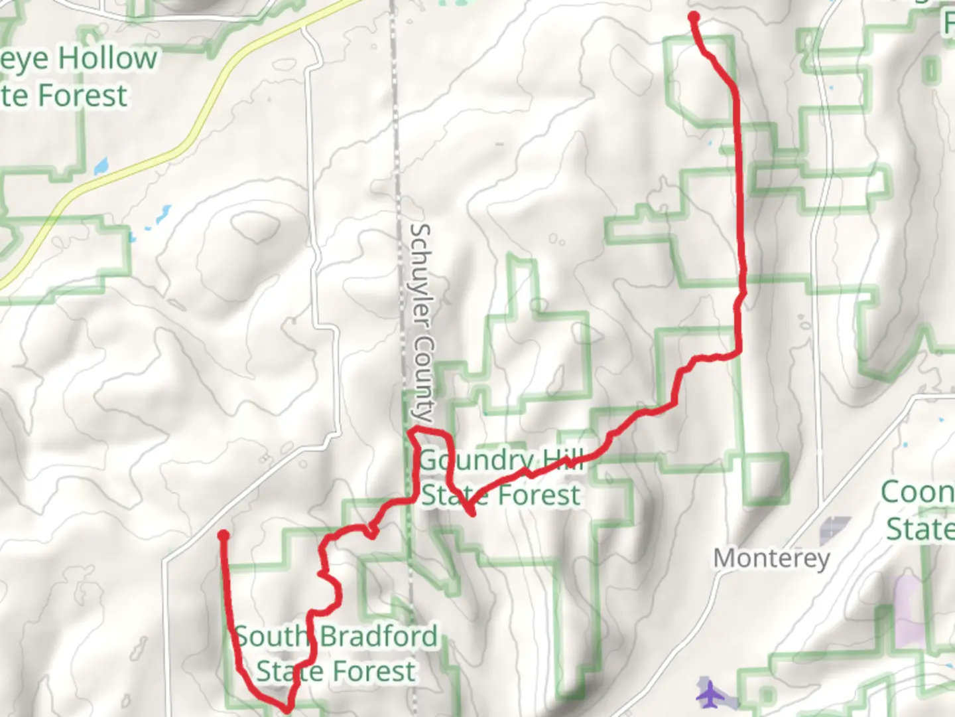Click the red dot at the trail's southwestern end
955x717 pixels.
point(223,535)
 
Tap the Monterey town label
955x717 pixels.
point(771,558)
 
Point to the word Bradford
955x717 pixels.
point(379,636)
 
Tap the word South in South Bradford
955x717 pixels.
point(271,636)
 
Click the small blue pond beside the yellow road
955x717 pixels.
point(101,165)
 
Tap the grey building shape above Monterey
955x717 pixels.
point(835,530)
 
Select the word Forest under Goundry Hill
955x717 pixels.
point(539,495)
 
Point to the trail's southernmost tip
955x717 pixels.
point(286,710)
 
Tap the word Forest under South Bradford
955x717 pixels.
point(375,671)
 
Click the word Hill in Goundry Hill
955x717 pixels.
point(563,459)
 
